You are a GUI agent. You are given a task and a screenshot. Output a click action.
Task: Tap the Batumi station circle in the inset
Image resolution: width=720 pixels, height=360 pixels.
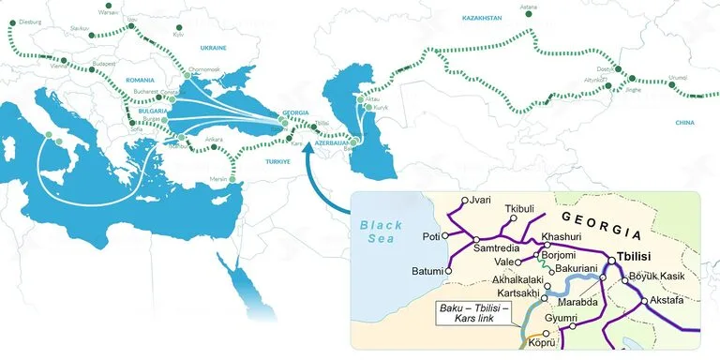[x=449, y=271]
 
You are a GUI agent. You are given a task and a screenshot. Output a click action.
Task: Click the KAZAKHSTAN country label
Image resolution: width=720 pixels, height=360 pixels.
[x=483, y=18]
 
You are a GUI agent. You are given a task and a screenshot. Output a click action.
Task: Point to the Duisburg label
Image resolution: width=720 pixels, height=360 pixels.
[x=30, y=18]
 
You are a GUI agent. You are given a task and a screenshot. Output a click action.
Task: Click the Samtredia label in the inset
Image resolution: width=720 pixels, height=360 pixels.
[x=496, y=248]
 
